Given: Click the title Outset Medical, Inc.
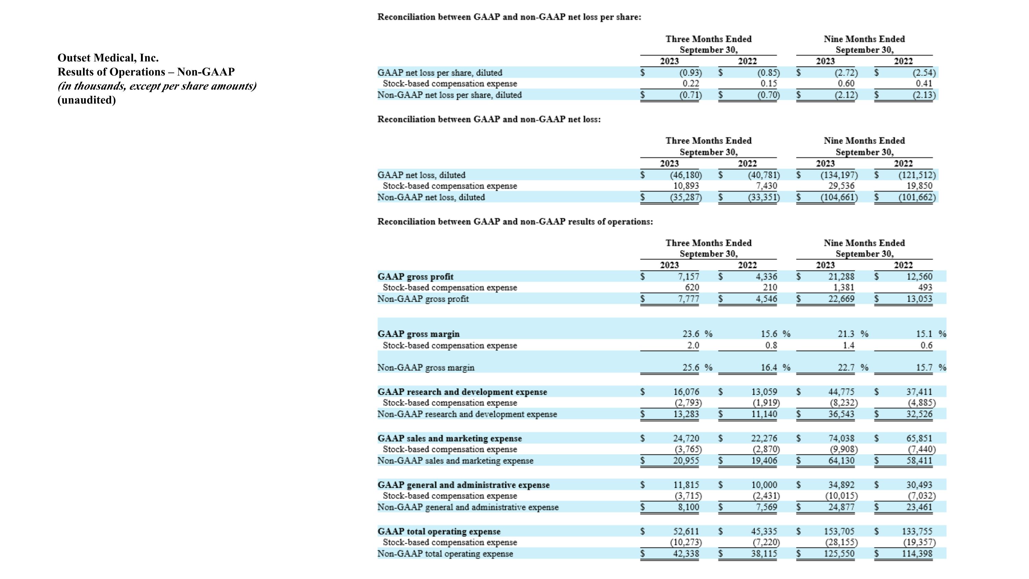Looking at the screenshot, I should coord(108,58).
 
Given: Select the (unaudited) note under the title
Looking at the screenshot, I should coord(87,100).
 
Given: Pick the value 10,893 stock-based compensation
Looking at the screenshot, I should coord(686,186).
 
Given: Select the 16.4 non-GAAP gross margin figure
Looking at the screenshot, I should coord(769,367).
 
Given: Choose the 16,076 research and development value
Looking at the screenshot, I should coord(686,392).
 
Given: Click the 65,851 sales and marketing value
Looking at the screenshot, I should coord(919,438).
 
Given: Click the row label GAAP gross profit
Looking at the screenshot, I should coord(415,277).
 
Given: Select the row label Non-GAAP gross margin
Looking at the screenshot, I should coord(426,368).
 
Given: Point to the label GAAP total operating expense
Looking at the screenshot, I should coord(439,531).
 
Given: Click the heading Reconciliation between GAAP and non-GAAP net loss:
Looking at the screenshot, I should coord(489,119).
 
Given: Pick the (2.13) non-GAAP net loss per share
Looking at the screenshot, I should coord(924,95).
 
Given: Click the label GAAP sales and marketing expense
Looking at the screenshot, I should coord(449,438).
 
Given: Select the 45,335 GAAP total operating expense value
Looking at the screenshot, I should coord(764,531).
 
